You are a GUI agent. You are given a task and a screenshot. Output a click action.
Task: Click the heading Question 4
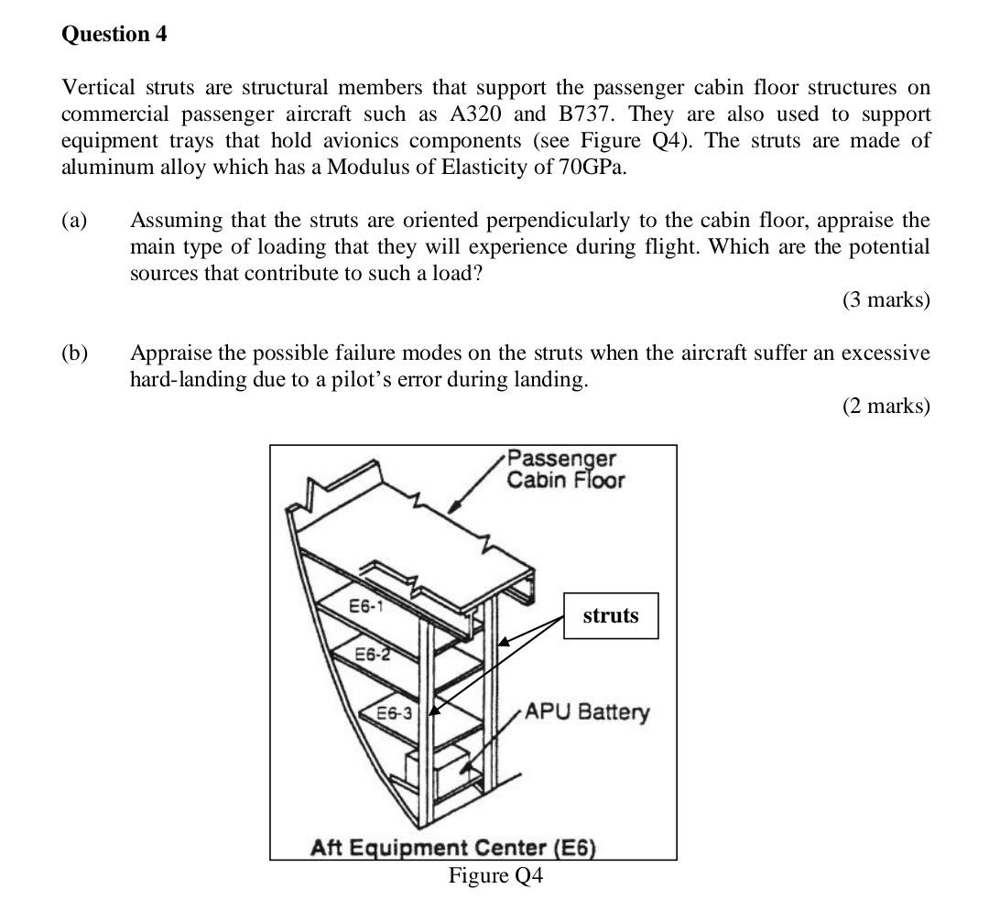point(114,35)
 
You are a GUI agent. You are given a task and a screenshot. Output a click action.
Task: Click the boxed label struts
point(611,615)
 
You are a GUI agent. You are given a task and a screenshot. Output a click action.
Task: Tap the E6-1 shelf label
point(366,605)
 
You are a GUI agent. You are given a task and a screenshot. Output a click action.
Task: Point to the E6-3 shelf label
point(396,711)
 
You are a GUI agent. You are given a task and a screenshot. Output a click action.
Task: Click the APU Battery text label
point(587,711)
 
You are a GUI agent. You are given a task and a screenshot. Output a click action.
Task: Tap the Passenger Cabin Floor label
point(565,469)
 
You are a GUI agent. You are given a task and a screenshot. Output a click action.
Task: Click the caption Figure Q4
point(495,876)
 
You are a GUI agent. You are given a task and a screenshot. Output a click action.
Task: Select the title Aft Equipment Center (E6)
point(453,848)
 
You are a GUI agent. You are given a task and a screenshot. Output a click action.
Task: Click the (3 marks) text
point(886,299)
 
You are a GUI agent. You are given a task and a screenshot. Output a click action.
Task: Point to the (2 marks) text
point(886,406)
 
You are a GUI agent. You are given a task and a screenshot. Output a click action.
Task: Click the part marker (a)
point(74,221)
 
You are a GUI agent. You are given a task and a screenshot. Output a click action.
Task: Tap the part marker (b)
point(74,353)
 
